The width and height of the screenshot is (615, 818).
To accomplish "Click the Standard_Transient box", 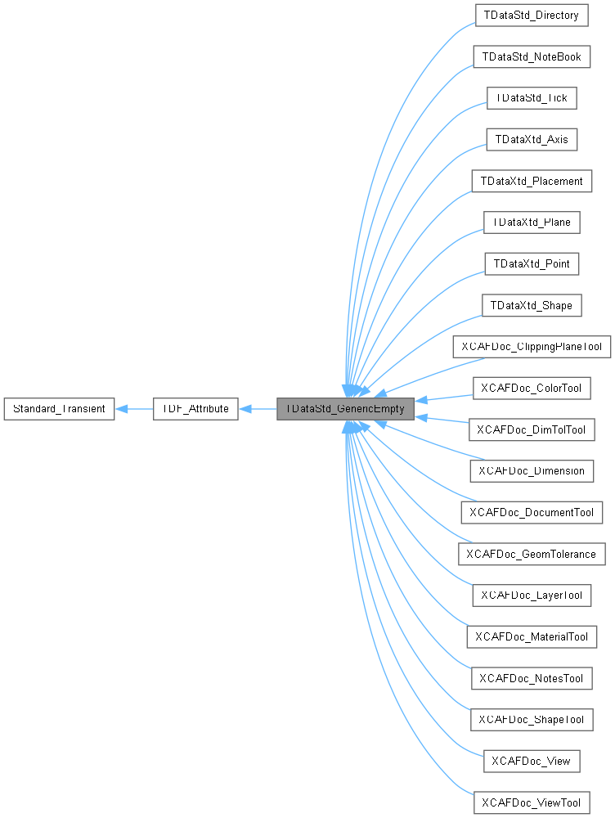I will click(60, 408).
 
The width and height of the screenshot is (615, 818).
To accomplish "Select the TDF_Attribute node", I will click(195, 408).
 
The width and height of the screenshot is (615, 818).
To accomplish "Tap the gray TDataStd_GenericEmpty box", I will click(345, 408).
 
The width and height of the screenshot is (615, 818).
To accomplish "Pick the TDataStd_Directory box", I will click(531, 15).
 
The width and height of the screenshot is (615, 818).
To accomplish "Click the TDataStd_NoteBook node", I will click(531, 56).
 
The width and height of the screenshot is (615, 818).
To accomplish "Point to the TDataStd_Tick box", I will click(531, 98).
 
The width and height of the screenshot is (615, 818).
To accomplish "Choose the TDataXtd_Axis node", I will click(531, 139).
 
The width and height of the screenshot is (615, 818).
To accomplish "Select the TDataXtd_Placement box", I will click(531, 181).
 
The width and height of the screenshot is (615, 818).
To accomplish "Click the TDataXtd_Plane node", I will click(531, 222).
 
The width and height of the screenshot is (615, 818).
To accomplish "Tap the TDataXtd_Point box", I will click(531, 264).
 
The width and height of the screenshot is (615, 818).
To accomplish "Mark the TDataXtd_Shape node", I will click(531, 306).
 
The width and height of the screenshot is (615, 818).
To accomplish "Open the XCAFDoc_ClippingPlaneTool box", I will click(531, 347).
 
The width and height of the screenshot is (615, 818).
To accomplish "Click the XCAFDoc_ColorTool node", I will click(531, 388).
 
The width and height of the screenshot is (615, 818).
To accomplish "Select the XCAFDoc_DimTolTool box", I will click(531, 429).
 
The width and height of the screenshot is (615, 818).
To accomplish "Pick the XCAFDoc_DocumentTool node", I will click(531, 513).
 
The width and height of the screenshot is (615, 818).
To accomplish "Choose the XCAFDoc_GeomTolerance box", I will click(531, 555).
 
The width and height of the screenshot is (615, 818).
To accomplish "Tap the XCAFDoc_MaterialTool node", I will click(531, 636).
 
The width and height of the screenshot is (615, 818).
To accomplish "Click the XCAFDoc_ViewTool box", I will click(531, 802).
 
